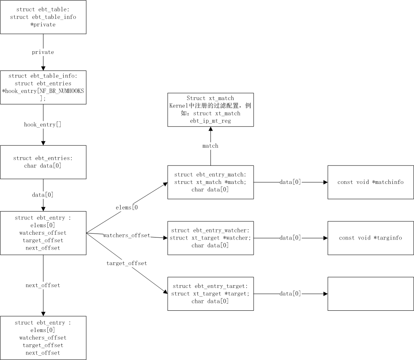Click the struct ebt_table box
click(x=43, y=17)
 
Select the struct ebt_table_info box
click(x=43, y=87)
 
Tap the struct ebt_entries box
click(x=43, y=162)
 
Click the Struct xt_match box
click(x=210, y=109)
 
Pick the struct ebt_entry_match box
click(x=210, y=182)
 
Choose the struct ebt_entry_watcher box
click(x=210, y=238)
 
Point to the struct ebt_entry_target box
click(x=210, y=294)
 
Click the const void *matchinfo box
click(x=370, y=182)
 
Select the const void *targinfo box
click(x=370, y=238)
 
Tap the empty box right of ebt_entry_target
click(x=370, y=294)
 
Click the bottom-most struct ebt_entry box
click(x=43, y=338)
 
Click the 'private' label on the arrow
click(x=43, y=52)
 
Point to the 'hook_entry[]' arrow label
click(x=43, y=124)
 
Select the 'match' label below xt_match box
click(x=210, y=146)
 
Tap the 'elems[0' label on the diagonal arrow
click(x=126, y=207)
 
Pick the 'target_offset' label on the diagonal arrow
click(x=126, y=263)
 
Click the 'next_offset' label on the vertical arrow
click(x=43, y=285)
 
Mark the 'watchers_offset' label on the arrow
click(x=126, y=235)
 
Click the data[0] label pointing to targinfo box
click(x=290, y=238)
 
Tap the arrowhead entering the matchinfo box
click(x=325, y=182)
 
